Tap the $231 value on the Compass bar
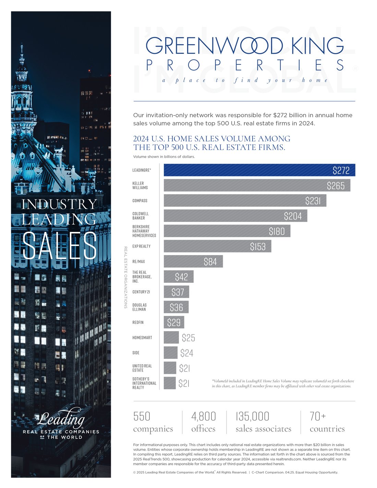313,201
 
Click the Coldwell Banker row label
141,216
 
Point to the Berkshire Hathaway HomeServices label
144,231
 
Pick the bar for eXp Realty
217,246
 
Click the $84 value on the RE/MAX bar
210,262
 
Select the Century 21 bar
176,292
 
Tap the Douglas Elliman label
139,307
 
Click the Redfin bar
174,322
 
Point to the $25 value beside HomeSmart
188,338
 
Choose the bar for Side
170,353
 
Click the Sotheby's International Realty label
144,383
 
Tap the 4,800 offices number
204,416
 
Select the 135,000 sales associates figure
252,416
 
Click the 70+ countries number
318,416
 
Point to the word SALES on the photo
59,245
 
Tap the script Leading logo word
61,418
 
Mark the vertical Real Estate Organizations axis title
125,277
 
